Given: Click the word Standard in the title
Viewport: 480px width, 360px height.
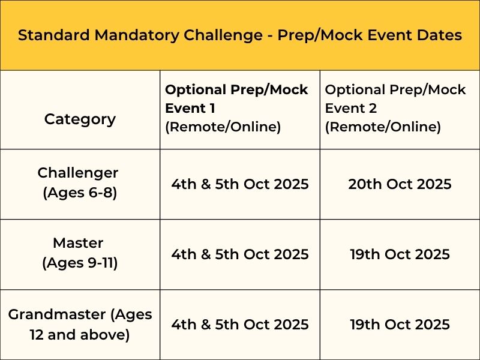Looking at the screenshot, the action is [x=54, y=35].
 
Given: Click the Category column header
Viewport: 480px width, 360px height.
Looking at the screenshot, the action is [x=80, y=119].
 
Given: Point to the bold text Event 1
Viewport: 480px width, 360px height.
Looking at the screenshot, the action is [x=190, y=108].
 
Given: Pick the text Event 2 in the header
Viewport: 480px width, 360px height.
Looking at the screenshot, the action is [x=350, y=108].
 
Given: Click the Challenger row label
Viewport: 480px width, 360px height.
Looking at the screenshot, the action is [x=78, y=173].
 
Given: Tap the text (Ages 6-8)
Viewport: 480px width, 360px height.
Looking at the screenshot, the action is [x=80, y=193].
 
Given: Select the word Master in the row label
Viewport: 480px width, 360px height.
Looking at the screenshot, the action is [x=78, y=243].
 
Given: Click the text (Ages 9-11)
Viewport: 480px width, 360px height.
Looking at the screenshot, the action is [x=80, y=263].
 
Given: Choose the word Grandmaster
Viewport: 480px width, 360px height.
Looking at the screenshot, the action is [x=57, y=314].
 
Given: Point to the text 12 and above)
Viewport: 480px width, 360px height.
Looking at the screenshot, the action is [x=80, y=335].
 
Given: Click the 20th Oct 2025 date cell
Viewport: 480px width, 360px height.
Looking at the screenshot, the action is [x=400, y=184].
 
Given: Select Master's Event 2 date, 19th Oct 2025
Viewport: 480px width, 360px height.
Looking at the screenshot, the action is [x=400, y=254].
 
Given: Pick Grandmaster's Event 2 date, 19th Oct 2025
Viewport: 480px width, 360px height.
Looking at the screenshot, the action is [x=400, y=324].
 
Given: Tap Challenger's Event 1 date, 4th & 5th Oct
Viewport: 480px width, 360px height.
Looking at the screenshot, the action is [x=240, y=184].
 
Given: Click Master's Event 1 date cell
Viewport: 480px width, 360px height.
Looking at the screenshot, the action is [x=240, y=254].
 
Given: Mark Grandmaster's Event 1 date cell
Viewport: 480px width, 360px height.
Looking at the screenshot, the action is [x=240, y=324].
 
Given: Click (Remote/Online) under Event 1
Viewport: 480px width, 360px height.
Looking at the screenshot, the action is [x=223, y=127].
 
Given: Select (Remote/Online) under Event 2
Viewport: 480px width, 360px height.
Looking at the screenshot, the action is [x=383, y=127].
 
